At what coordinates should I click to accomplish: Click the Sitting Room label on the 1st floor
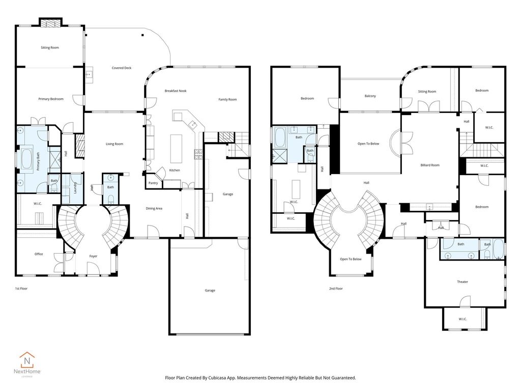click(x=50, y=47)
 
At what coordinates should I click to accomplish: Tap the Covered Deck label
click(x=122, y=68)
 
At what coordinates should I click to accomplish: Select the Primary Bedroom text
click(x=51, y=99)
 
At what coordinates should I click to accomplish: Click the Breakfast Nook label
click(x=176, y=91)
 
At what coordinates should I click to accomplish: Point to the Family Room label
click(x=227, y=99)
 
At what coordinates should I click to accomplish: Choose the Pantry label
click(x=153, y=183)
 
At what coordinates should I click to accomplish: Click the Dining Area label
click(x=154, y=208)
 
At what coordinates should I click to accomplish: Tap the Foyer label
click(x=93, y=256)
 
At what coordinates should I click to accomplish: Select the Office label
click(x=39, y=254)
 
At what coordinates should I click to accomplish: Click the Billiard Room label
click(x=430, y=165)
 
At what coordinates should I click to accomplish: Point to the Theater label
click(x=462, y=282)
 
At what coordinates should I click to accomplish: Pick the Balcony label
click(x=370, y=96)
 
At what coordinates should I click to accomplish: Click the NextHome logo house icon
click(x=27, y=361)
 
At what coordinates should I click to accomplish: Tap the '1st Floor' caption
click(x=21, y=289)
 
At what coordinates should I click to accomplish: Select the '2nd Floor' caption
click(x=336, y=289)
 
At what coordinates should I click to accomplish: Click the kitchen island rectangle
click(x=176, y=148)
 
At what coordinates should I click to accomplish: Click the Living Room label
click(x=114, y=144)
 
